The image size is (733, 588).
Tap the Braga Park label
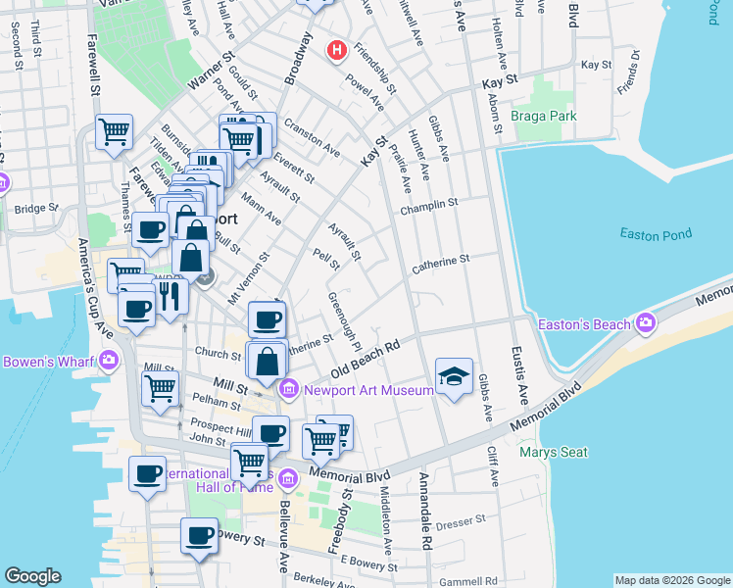(543, 116)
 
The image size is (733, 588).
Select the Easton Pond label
(656, 233)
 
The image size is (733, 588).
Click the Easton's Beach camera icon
(646, 322)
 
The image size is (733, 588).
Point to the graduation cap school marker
(454, 376)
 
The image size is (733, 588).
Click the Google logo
(32, 576)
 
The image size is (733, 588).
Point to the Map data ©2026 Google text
(671, 580)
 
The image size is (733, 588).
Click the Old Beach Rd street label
(366, 360)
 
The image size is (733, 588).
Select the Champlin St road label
(428, 204)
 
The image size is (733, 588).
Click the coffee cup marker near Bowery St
(200, 535)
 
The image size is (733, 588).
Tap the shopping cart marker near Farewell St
(115, 130)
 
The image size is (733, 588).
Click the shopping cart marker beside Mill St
(161, 387)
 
